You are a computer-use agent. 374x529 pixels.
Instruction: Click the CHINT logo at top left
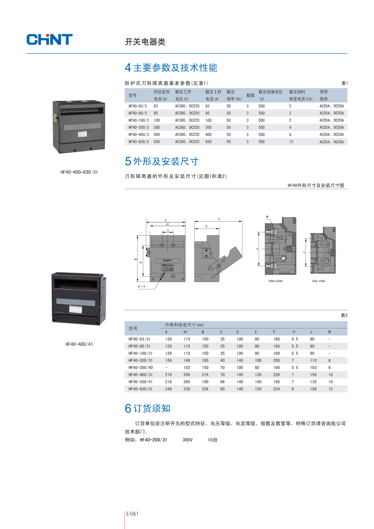point(49,40)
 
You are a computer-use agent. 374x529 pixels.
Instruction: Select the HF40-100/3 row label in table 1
point(138,120)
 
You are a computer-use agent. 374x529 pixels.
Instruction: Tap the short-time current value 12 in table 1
point(291,142)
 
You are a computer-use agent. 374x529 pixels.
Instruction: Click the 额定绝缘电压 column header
point(270,92)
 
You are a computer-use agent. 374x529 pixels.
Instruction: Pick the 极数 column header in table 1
point(250,95)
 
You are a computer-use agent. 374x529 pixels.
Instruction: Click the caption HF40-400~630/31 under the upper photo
point(79,172)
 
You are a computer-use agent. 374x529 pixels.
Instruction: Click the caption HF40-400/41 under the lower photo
point(79,344)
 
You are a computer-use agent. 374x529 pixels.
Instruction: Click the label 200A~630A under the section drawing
point(275,281)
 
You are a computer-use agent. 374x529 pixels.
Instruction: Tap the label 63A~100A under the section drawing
point(319,281)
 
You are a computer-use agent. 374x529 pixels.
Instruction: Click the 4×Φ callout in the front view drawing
point(141,287)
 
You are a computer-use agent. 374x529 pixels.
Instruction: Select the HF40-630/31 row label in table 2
point(140,389)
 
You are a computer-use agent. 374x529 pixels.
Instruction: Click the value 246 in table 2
point(168,389)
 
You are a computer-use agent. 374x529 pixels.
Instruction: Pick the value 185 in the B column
point(205,360)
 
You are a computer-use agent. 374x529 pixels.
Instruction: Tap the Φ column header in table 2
point(294,332)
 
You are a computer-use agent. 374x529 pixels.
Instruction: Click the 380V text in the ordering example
point(187,440)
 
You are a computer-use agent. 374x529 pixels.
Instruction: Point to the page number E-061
point(132,514)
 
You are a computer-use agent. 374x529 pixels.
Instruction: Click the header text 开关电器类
point(145,42)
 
